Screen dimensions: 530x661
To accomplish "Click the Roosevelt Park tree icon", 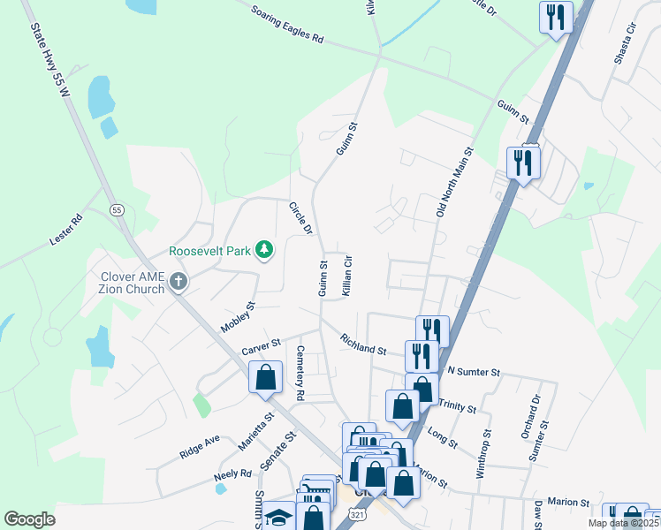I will pyautogui.click(x=263, y=251).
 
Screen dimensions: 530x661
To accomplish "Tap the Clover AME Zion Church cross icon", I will pyautogui.click(x=179, y=283).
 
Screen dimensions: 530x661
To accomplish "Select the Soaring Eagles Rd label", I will pyautogui.click(x=287, y=26).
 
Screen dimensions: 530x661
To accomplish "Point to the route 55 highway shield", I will pyautogui.click(x=116, y=209).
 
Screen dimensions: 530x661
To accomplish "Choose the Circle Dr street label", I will pyautogui.click(x=300, y=218).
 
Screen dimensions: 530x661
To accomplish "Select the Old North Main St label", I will pyautogui.click(x=455, y=183).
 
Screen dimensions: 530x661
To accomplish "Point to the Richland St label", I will pyautogui.click(x=363, y=344).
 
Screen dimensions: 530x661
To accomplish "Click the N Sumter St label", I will pyautogui.click(x=475, y=372).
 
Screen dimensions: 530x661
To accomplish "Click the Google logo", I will pyautogui.click(x=30, y=519).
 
